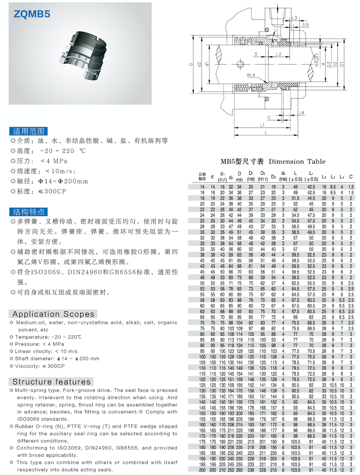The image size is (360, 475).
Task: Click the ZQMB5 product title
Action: tap(32, 14)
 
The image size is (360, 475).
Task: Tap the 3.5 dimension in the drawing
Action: tap(306, 25)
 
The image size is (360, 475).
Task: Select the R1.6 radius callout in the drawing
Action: tap(251, 75)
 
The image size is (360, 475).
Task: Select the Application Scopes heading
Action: tap(53, 314)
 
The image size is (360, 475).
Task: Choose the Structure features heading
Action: tap(51, 382)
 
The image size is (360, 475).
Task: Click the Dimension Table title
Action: tap(273, 161)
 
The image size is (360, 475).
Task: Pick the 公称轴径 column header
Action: tap(202, 176)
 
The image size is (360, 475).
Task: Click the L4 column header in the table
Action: tap(342, 177)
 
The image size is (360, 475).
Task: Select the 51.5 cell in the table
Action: tap(295, 198)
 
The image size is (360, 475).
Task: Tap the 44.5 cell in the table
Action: tap(311, 198)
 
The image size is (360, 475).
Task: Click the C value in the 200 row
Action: tap(351, 470)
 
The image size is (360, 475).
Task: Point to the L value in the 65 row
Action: tap(295, 317)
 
